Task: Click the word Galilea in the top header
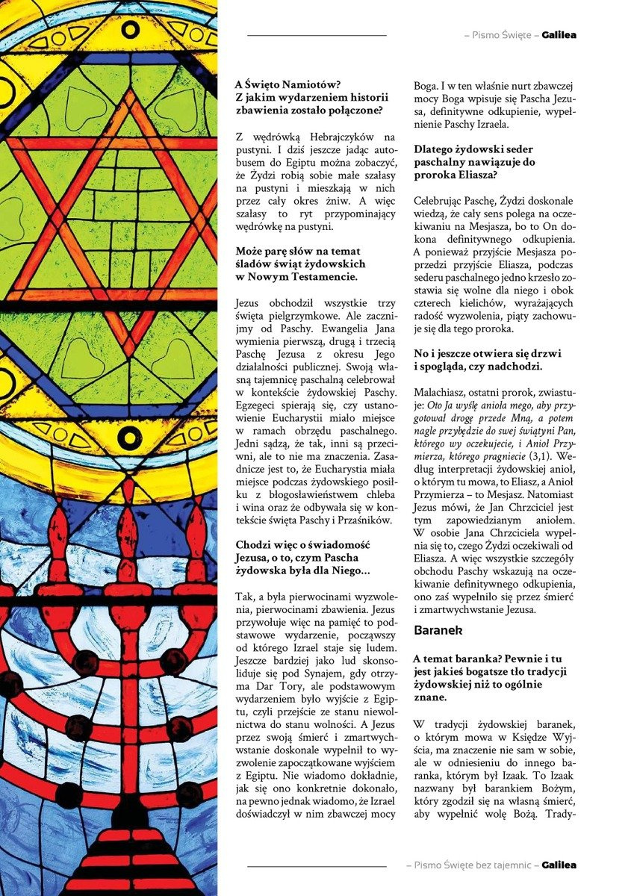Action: pos(559,35)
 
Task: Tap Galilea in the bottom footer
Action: pos(559,865)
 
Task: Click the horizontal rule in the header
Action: pos(317,35)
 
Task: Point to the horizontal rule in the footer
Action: pos(317,866)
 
